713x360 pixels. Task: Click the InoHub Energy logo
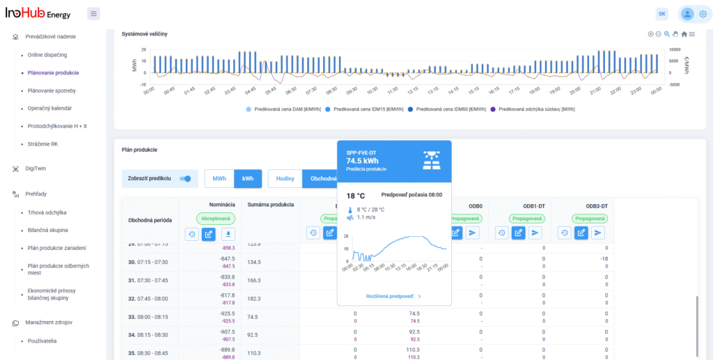38,13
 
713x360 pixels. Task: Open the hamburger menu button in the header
94,14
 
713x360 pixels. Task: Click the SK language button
661,14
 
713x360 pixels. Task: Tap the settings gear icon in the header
703,14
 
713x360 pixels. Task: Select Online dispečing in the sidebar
47,54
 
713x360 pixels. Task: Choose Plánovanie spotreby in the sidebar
52,91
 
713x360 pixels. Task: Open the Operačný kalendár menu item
49,108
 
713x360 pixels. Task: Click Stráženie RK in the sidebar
42,144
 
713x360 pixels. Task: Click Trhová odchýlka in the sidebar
47,212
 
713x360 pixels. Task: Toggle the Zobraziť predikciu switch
185,179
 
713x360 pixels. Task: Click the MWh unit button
219,179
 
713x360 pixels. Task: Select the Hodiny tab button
285,179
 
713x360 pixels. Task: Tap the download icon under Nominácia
228,234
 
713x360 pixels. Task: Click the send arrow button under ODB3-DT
597,233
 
